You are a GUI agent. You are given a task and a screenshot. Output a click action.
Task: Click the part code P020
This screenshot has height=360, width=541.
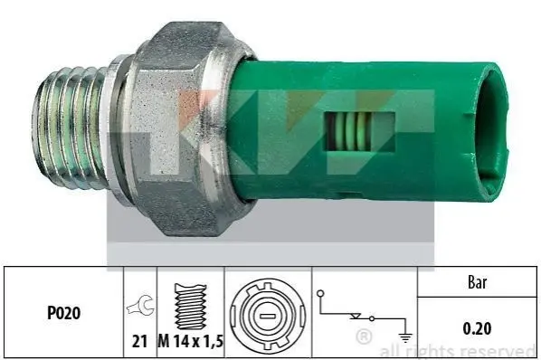[x=64, y=313]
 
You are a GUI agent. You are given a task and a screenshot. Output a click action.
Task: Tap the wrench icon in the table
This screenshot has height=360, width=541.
[x=141, y=305]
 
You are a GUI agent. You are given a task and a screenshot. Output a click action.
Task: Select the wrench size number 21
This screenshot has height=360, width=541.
[x=139, y=341]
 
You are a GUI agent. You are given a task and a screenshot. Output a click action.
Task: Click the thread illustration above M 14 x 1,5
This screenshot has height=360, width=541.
[x=191, y=307]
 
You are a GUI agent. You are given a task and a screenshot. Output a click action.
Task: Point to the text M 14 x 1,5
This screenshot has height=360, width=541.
[x=191, y=341]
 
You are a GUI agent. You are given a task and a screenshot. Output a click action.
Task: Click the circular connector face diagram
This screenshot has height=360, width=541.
[x=268, y=316]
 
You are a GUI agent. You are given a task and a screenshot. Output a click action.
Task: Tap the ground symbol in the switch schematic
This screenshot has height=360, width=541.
[x=405, y=336]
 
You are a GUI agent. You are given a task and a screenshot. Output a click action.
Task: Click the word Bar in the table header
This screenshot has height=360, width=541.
[x=477, y=282]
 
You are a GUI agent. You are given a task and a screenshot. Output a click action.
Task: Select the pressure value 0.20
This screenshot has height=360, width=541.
[x=477, y=328]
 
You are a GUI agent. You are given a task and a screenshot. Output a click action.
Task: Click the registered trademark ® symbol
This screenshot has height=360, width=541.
[x=364, y=336]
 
